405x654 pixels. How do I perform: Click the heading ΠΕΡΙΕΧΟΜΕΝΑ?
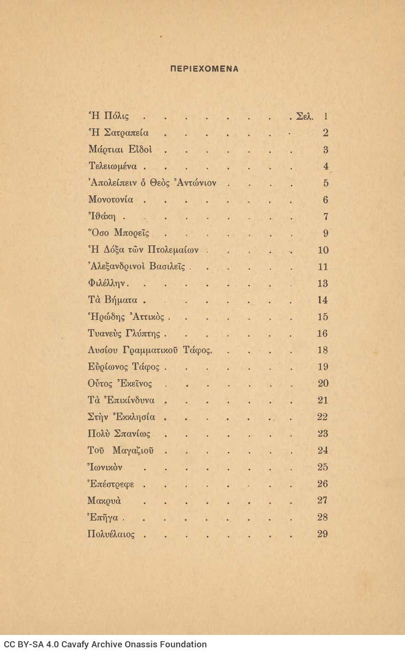tap(204, 69)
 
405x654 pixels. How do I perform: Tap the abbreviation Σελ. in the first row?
tap(305, 116)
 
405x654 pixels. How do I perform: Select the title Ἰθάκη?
tap(103, 217)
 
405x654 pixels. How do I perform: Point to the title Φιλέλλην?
tap(107, 283)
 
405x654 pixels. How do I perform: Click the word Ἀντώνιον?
tap(196, 183)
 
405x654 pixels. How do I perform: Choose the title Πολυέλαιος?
tap(111, 534)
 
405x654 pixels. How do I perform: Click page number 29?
tap(322, 534)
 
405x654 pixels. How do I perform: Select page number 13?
tap(322, 283)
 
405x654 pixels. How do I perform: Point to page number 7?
tap(326, 217)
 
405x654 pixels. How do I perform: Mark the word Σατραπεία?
tap(126, 133)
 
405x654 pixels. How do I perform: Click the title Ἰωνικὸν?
tap(105, 468)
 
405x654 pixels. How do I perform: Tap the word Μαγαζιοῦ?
tap(139, 450)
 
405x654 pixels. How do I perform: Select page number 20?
tap(323, 384)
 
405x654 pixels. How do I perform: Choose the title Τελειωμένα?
tap(113, 166)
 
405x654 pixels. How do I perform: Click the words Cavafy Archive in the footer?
tap(85, 645)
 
